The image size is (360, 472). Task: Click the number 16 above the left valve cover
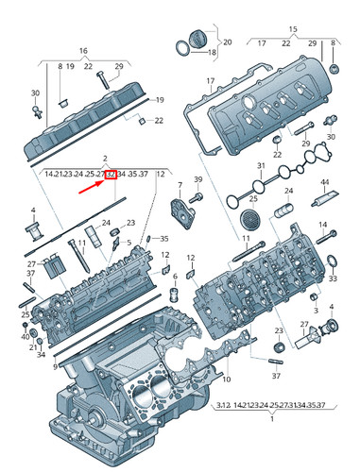pyautogui.click(x=82, y=50)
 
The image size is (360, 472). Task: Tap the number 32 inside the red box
pyautogui.click(x=111, y=175)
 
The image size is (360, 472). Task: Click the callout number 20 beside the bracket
pyautogui.click(x=226, y=42)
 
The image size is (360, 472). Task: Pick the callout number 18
pyautogui.click(x=211, y=53)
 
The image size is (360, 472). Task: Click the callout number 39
pyautogui.click(x=198, y=179)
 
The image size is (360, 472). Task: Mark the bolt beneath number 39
pyautogui.click(x=197, y=196)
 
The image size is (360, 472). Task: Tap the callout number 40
pyautogui.click(x=25, y=337)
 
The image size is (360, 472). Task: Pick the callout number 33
pyautogui.click(x=332, y=280)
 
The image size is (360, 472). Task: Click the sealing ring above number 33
pyautogui.click(x=332, y=262)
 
